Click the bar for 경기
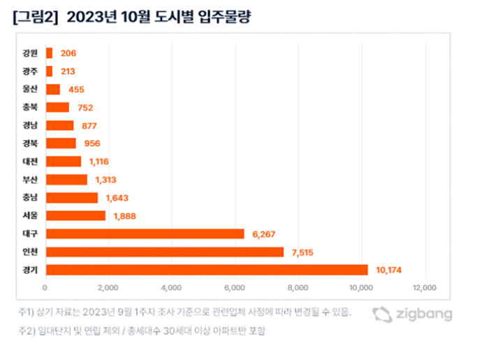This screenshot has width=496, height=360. coord(206,270)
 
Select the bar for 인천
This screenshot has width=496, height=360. coord(164,252)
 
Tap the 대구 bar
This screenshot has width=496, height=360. coord(145,233)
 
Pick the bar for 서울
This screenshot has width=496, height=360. coord(75,215)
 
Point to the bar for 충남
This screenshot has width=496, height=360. coord(71,197)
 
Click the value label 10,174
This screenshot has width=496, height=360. coord(389,270)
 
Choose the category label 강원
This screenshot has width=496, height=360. coord(31,52)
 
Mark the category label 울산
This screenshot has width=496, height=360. coord(31,89)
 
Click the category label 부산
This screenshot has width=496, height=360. coord(31,180)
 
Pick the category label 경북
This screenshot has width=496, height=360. coord(31,143)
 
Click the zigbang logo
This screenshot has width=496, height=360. coord(411,314)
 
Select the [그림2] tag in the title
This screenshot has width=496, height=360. coord(36,17)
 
